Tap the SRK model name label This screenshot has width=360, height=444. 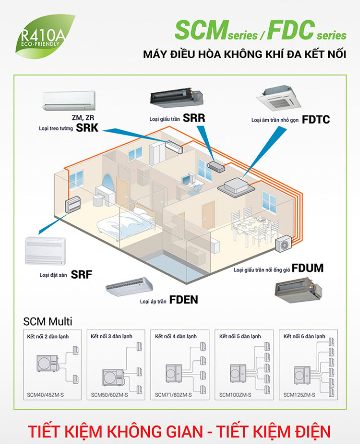click(x=87, y=128)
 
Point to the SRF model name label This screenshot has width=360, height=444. click(x=81, y=275)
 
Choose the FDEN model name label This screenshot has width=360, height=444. click(x=184, y=300)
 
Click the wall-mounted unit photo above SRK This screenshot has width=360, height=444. click(x=69, y=100)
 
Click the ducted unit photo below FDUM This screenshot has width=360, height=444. click(x=297, y=291)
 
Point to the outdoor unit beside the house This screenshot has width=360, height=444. click(x=283, y=242)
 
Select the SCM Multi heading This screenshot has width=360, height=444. click(x=48, y=321)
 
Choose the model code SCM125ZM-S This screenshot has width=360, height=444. click(x=299, y=395)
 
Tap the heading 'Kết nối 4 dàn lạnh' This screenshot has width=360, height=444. click(x=176, y=336)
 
